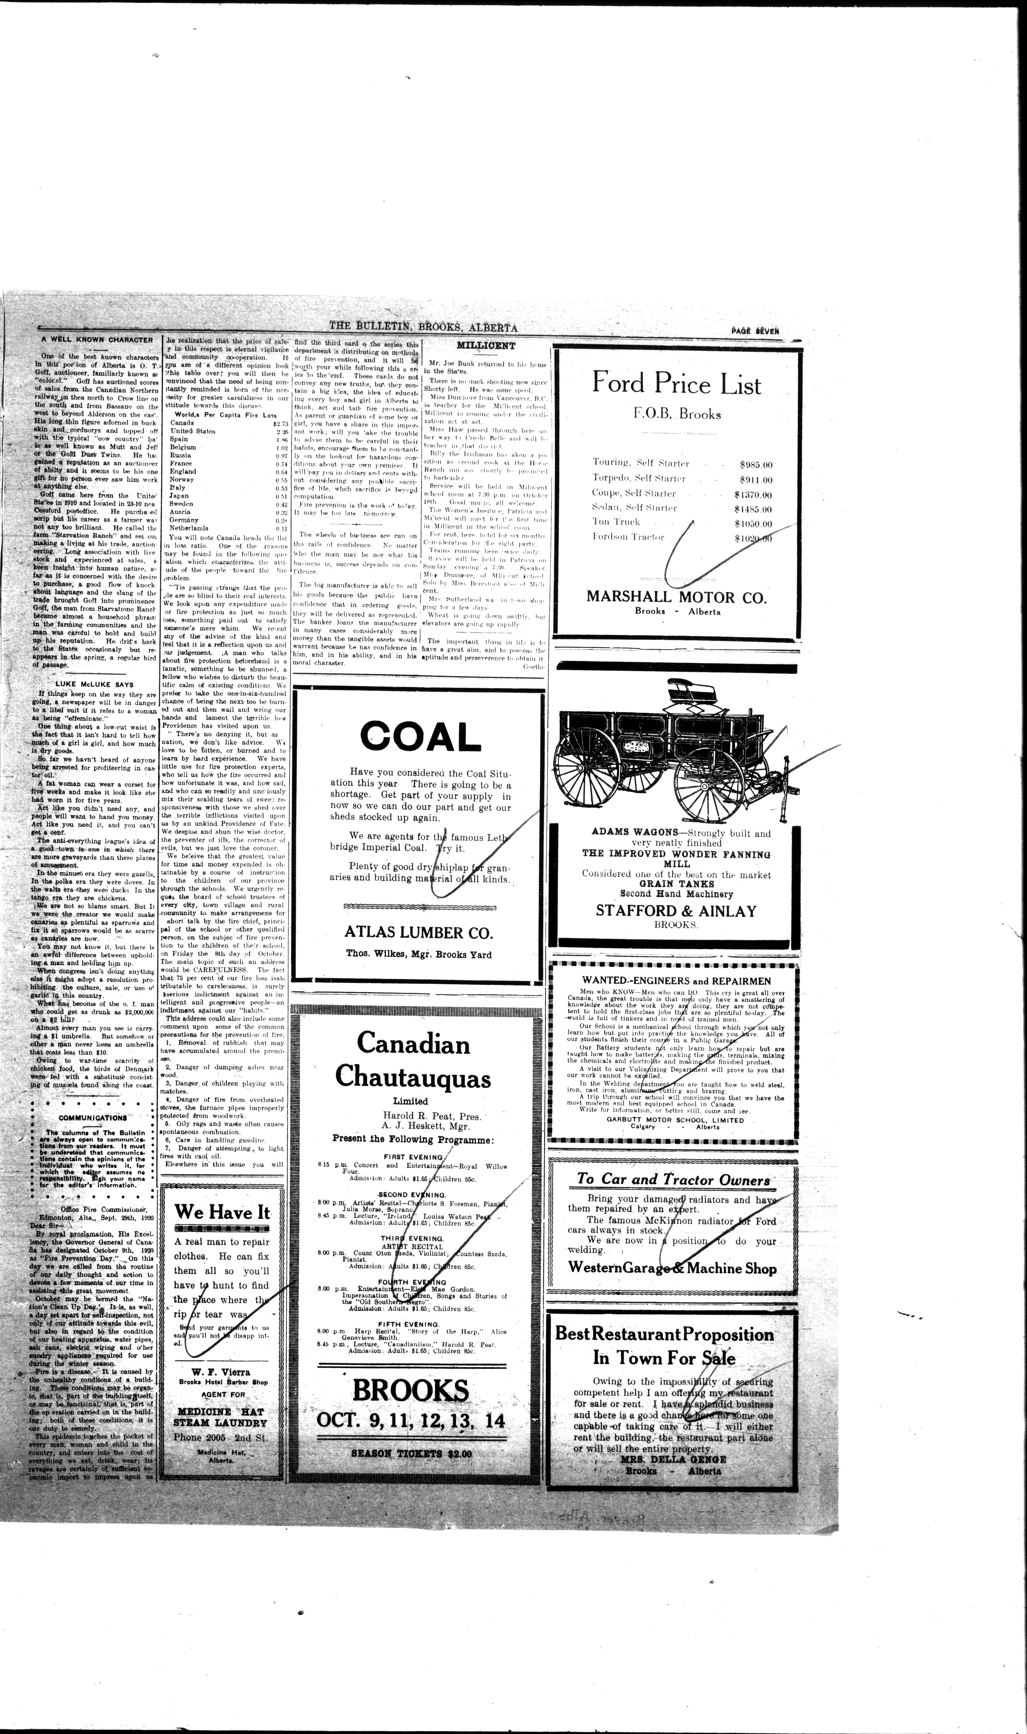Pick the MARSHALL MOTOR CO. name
(676, 597)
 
